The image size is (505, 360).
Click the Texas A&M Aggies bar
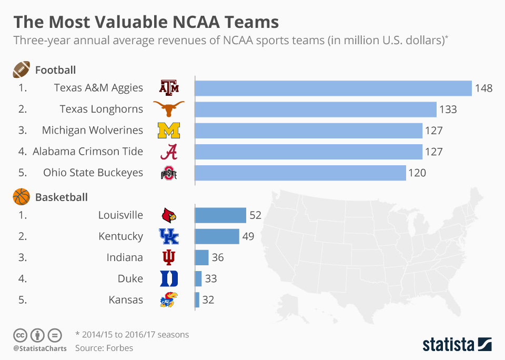pos(333,88)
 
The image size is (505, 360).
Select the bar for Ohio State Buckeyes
pos(300,173)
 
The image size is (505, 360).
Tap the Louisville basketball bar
pos(220,215)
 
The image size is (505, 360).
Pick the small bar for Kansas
pos(197,300)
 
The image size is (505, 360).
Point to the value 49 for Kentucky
pos(248,236)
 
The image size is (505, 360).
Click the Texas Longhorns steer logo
pos(169,109)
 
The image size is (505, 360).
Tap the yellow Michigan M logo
pos(169,130)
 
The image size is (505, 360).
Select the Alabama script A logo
pos(168,152)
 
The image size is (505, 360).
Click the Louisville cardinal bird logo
pos(169,215)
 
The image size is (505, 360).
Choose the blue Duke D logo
pos(169,278)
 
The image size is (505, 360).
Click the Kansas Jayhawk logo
pos(169,300)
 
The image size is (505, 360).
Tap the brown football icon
pos(22,69)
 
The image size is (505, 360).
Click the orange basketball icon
pos(22,197)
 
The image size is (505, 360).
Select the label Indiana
pos(125,257)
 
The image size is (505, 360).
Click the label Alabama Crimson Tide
pos(88,152)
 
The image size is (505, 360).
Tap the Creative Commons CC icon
pos(20,335)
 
